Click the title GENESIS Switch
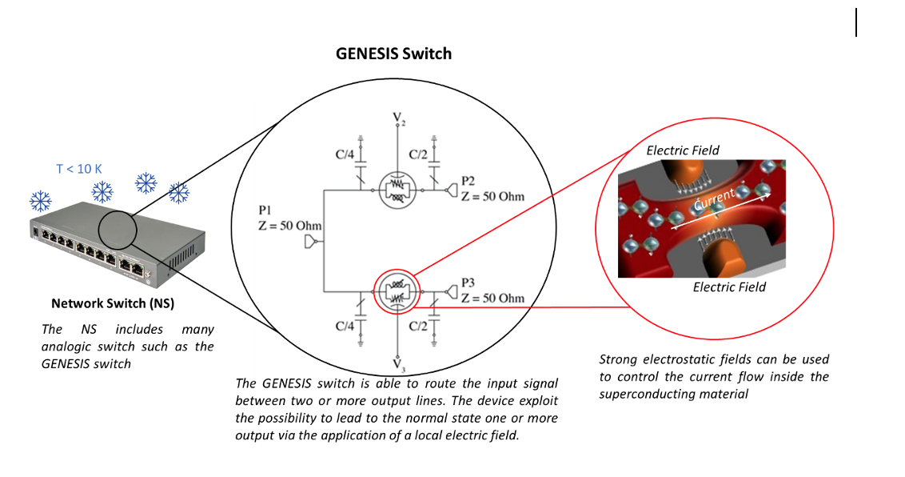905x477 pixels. tap(393, 54)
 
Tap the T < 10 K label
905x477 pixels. tap(79, 169)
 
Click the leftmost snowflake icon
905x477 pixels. tap(41, 201)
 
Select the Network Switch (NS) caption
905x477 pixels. tap(113, 303)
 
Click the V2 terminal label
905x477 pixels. tap(399, 119)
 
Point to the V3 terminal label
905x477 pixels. tap(399, 364)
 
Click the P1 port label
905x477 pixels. tap(265, 210)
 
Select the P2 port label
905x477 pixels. tap(468, 182)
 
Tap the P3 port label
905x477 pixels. tap(468, 283)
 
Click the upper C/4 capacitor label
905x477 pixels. tap(345, 154)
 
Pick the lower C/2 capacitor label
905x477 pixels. tap(418, 327)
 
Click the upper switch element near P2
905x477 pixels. tap(397, 190)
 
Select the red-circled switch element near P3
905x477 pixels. tap(397, 291)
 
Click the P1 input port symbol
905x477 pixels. tap(312, 242)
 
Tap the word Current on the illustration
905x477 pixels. tap(715, 199)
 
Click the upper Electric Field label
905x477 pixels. tap(683, 150)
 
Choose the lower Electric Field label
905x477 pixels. tap(730, 287)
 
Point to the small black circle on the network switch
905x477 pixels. tap(118, 230)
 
